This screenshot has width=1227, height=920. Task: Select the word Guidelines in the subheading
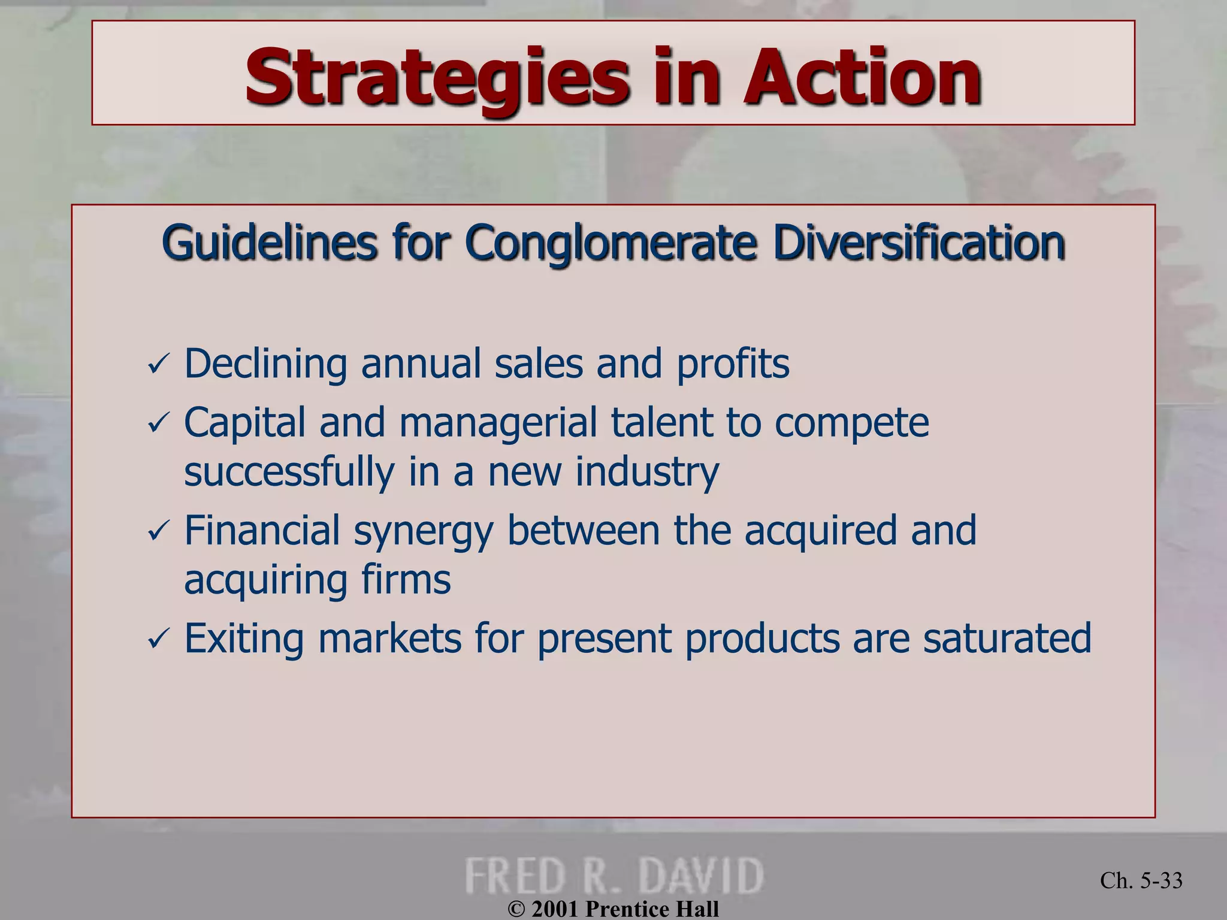click(269, 243)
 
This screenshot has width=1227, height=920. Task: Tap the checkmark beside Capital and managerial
click(159, 424)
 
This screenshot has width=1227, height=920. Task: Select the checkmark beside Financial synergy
click(159, 531)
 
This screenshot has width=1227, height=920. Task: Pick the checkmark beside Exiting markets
click(159, 639)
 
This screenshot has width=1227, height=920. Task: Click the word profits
click(733, 364)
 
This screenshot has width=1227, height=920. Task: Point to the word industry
click(646, 472)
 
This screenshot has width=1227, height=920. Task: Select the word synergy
click(423, 532)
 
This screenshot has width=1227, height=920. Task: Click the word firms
click(406, 580)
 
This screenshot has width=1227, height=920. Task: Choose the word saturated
click(1007, 638)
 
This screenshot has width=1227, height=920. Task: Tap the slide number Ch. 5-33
click(1141, 880)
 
